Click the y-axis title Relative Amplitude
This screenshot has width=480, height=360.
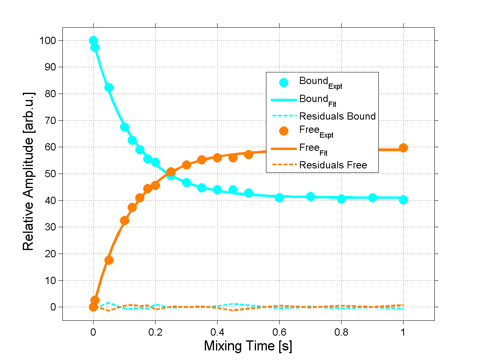point(28,171)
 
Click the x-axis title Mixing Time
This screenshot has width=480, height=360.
point(248,346)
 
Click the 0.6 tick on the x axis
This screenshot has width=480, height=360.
point(279,332)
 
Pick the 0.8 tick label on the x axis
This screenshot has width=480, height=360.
point(341,332)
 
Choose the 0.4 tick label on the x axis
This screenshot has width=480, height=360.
point(217,332)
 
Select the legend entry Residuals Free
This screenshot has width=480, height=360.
point(333,165)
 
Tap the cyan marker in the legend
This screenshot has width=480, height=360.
point(284,82)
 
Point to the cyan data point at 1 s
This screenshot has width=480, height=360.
point(403,200)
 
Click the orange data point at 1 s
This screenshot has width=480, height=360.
point(403,148)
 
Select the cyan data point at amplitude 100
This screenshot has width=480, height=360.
point(93,40)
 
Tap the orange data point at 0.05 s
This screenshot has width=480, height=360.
point(109,260)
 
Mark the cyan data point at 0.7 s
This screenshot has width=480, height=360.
point(310,196)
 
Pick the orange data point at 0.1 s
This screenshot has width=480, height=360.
point(124,221)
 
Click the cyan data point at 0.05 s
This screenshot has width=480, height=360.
point(109,87)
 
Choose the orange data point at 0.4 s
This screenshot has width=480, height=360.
point(217,158)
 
